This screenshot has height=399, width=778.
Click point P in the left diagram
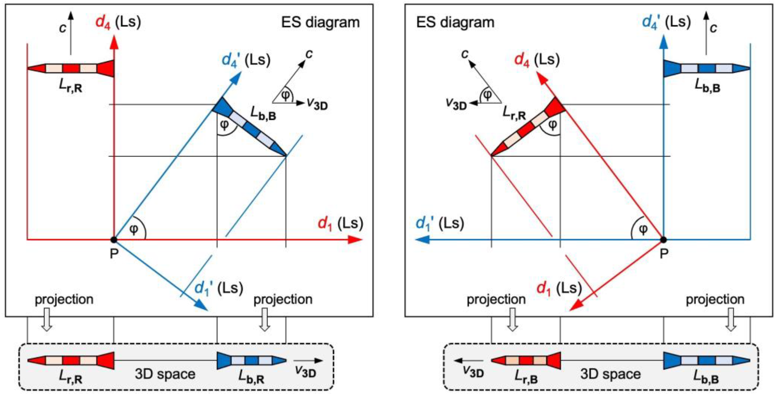click(x=114, y=240)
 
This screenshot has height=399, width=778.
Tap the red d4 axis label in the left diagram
click(x=103, y=22)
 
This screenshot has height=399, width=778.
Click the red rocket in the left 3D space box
click(x=71, y=360)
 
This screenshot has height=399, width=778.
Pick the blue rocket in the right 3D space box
click(x=707, y=360)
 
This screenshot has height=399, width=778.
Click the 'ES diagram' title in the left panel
click(x=320, y=23)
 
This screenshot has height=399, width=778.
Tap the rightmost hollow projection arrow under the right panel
click(x=731, y=319)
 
